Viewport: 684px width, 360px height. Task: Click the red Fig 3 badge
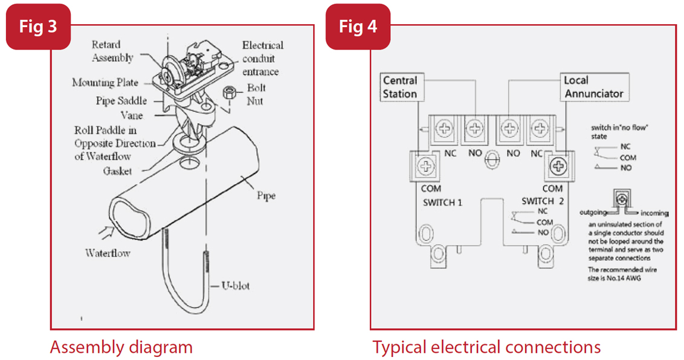pyautogui.click(x=38, y=27)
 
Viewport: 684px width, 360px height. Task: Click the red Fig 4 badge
pyautogui.click(x=358, y=27)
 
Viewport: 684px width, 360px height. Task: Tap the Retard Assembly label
pyautogui.click(x=112, y=51)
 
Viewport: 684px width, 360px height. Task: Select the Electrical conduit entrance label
pyautogui.click(x=262, y=59)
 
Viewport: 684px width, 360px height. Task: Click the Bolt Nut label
pyautogui.click(x=256, y=94)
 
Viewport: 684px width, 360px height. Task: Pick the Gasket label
pyautogui.click(x=117, y=170)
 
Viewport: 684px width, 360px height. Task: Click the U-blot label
pyautogui.click(x=234, y=285)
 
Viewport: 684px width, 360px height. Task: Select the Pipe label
pyautogui.click(x=266, y=196)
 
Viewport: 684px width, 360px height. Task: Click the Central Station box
pyautogui.click(x=400, y=87)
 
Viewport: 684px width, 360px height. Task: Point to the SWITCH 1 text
pyautogui.click(x=442, y=202)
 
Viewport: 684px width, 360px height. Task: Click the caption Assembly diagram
pyautogui.click(x=121, y=347)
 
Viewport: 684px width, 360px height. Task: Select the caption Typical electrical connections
pyautogui.click(x=486, y=347)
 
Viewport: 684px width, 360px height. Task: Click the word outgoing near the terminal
pyautogui.click(x=593, y=213)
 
